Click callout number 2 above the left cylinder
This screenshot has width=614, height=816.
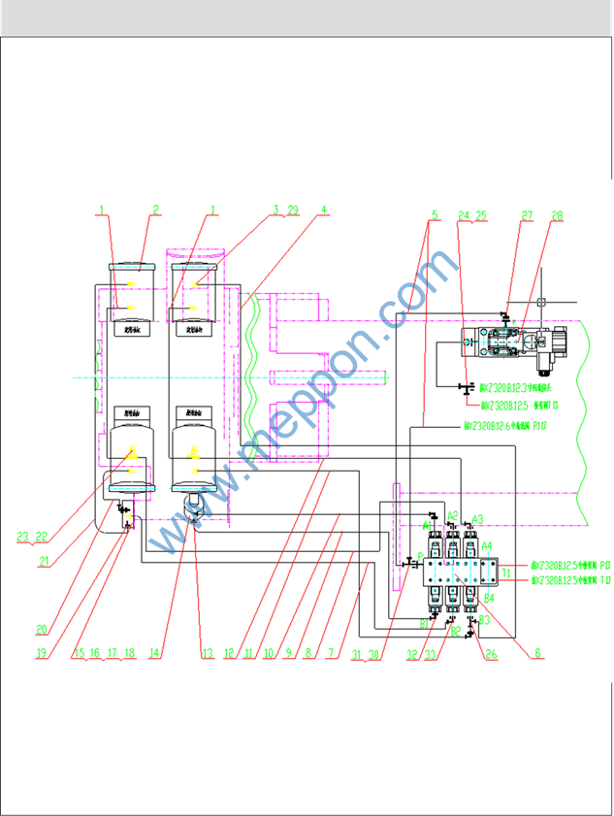coord(155,209)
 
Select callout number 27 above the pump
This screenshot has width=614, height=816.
coord(528,215)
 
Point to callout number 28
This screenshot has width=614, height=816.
coord(557,215)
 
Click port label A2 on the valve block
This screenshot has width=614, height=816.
coord(452,515)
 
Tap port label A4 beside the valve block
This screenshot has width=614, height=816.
coord(487,545)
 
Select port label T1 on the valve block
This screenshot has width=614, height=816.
coord(506,572)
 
